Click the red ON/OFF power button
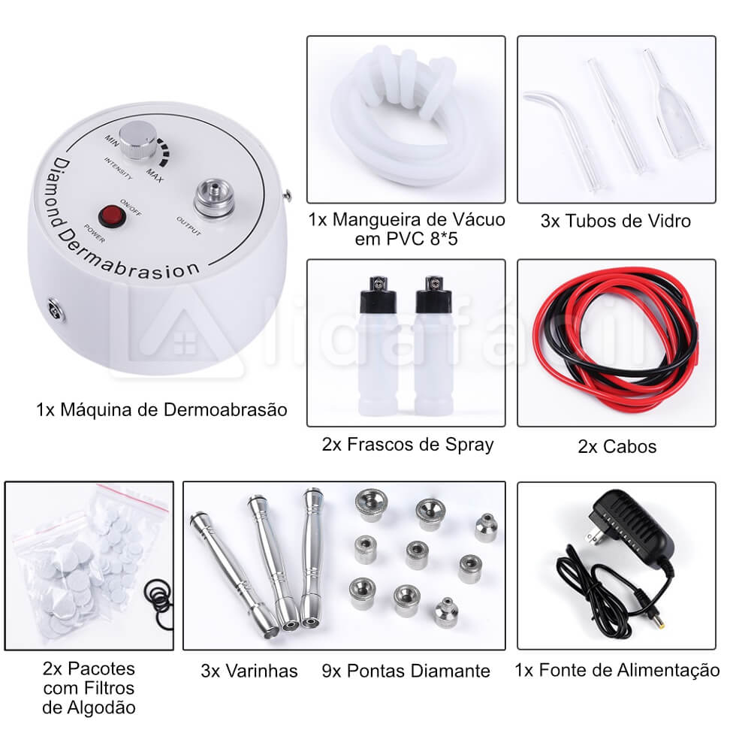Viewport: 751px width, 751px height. pyautogui.click(x=112, y=217)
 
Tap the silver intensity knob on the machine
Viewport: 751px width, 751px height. pyautogui.click(x=137, y=140)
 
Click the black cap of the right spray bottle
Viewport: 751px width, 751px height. pyautogui.click(x=434, y=293)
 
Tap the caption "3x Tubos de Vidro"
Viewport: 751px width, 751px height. pyautogui.click(x=616, y=222)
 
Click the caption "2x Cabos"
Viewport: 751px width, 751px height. pyautogui.click(x=617, y=446)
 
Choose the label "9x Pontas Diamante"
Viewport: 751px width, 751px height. pyautogui.click(x=406, y=671)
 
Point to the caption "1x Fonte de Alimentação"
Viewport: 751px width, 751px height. pyautogui.click(x=617, y=670)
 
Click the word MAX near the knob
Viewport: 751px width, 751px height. pyautogui.click(x=155, y=176)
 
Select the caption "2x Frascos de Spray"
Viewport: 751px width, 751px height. pyautogui.click(x=408, y=445)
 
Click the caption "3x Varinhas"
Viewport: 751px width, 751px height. pyautogui.click(x=249, y=671)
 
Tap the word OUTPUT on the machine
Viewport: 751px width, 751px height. pyautogui.click(x=189, y=225)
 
